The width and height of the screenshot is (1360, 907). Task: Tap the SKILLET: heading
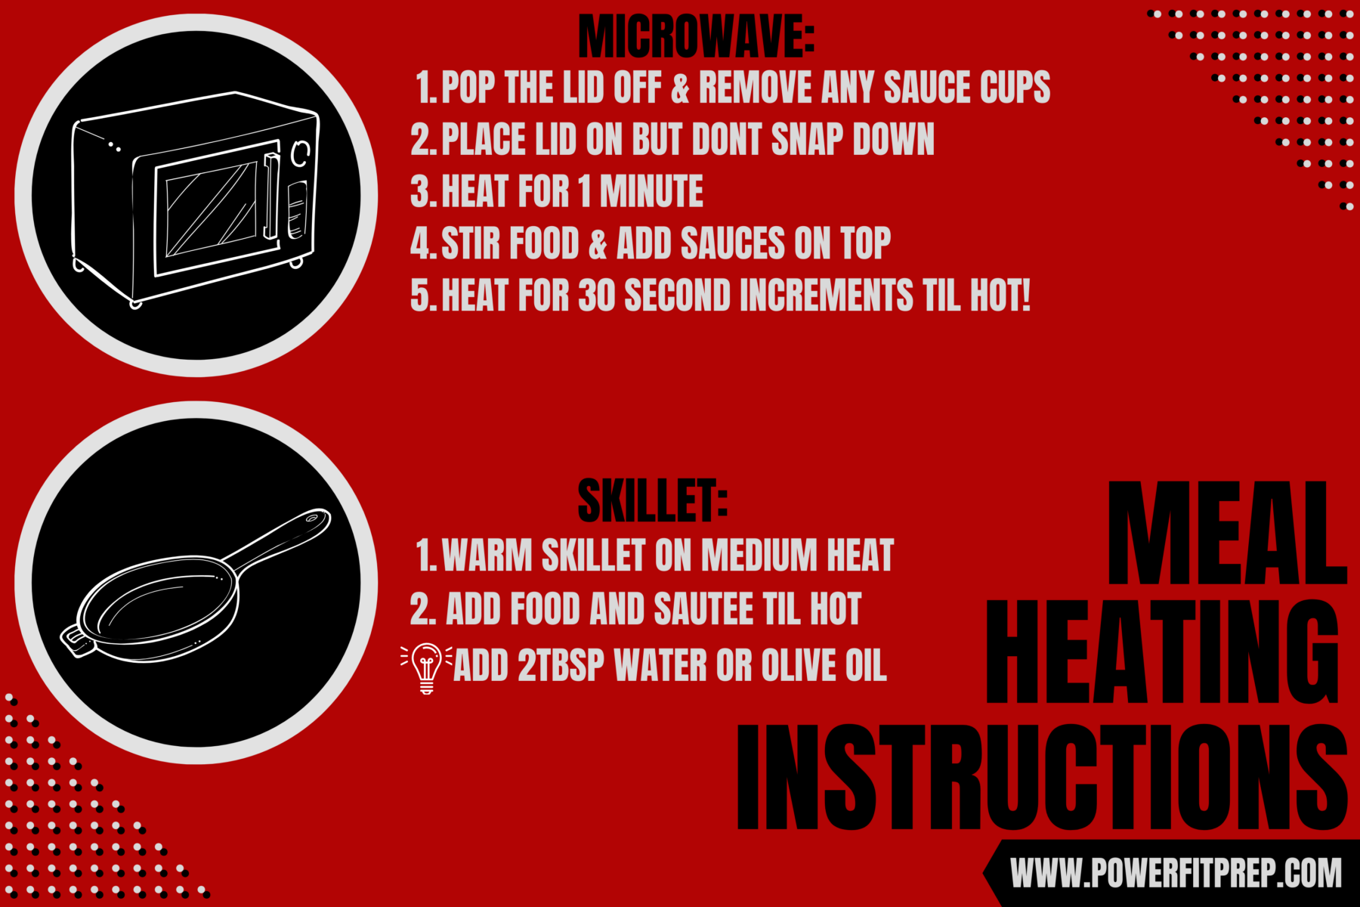652,501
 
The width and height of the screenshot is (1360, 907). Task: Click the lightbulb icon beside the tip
426,667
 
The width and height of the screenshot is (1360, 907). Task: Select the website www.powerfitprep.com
1176,874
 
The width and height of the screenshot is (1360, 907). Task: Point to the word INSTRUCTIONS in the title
1043,779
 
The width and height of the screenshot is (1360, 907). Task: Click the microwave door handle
270,195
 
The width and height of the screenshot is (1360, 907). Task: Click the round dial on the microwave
301,153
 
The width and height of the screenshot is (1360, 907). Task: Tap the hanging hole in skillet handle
312,519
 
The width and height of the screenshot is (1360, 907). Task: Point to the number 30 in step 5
596,295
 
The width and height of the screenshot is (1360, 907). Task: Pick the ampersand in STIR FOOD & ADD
598,244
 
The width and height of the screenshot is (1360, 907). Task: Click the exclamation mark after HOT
1025,295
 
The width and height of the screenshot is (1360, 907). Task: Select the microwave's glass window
211,210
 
